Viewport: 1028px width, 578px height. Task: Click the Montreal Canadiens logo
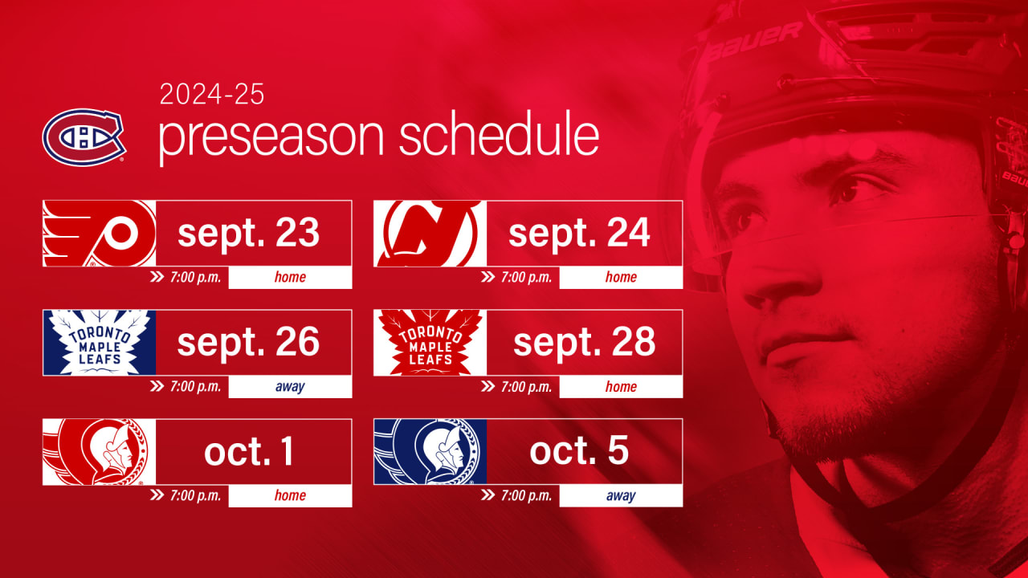(x=84, y=136)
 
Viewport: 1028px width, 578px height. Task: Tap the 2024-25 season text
(x=211, y=94)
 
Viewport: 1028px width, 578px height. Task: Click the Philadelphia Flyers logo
(x=99, y=234)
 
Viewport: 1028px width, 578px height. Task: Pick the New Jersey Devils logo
(x=430, y=234)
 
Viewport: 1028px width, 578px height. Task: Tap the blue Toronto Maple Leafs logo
(x=100, y=343)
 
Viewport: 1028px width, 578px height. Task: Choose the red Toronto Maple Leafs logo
(x=430, y=343)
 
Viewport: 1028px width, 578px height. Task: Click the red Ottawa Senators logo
(x=99, y=452)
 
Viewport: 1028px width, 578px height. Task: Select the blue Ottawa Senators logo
(x=430, y=452)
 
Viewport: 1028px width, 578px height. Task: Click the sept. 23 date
(x=248, y=234)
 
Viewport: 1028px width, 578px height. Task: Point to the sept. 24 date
(x=579, y=234)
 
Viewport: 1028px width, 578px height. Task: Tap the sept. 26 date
(x=248, y=343)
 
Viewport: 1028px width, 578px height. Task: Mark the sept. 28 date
(x=584, y=343)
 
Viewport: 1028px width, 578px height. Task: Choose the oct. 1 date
(x=248, y=452)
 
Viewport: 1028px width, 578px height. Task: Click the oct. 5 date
(x=579, y=452)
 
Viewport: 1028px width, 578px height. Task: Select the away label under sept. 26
(x=290, y=387)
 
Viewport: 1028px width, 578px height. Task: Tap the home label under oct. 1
(x=290, y=495)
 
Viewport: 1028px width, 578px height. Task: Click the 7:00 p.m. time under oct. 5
(x=526, y=495)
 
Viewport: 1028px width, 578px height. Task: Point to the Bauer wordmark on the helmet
(x=755, y=42)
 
